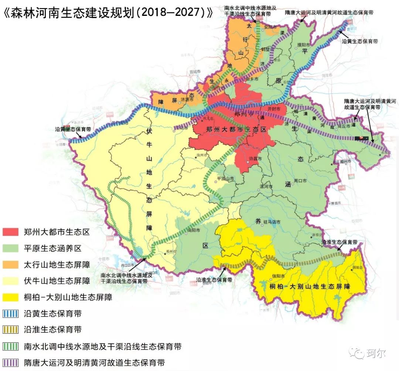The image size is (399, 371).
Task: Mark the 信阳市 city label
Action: tap(278, 276)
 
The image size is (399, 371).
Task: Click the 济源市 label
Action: tap(187, 100)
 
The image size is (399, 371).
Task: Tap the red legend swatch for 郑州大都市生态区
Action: tap(11, 232)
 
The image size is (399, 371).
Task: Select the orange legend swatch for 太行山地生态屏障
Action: tap(11, 264)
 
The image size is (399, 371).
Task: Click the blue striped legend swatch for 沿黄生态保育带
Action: tap(11, 313)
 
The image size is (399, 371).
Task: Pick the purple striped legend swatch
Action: tap(11, 363)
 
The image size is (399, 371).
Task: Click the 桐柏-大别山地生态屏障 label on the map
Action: tap(310, 287)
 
